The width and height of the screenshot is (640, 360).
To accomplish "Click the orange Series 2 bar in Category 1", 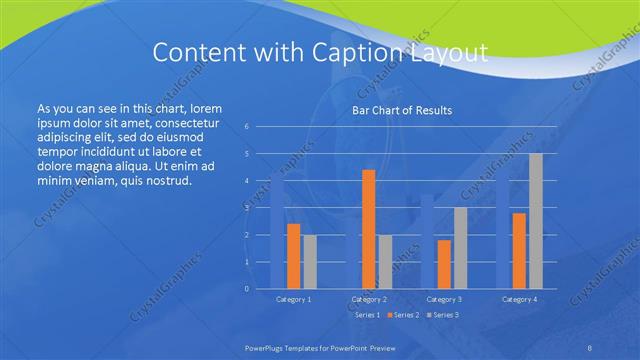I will click(x=293, y=256).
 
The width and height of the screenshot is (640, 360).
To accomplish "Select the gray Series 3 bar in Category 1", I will click(x=310, y=262).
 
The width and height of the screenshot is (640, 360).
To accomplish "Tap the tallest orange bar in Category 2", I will click(x=368, y=229).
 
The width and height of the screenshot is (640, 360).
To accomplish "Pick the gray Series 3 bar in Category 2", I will click(x=385, y=262).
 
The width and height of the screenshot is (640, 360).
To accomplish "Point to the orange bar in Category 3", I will click(x=444, y=264).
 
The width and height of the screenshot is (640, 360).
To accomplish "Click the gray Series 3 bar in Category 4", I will click(x=536, y=221).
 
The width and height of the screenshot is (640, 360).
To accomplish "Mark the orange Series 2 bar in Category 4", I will click(x=519, y=250).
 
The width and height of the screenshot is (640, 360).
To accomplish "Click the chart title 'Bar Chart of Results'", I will click(x=402, y=110).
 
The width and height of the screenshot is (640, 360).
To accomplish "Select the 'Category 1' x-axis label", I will click(x=293, y=299).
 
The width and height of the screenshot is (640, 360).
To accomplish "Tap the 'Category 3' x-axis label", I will click(x=444, y=299).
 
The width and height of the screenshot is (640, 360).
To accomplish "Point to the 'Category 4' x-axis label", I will click(x=519, y=299).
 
